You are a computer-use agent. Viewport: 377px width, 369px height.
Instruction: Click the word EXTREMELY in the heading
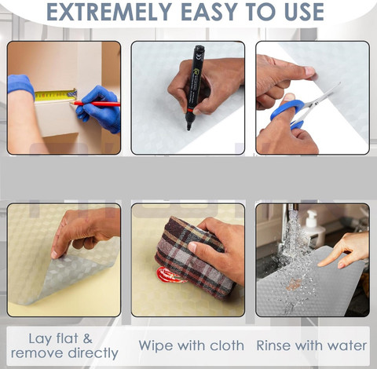[109, 12]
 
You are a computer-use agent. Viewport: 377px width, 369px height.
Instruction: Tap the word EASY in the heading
[210, 12]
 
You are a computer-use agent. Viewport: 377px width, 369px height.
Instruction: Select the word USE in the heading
[304, 12]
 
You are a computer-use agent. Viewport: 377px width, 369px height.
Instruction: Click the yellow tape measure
[56, 95]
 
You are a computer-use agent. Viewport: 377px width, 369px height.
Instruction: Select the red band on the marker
[191, 110]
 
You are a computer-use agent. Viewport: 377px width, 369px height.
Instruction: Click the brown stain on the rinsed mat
[294, 284]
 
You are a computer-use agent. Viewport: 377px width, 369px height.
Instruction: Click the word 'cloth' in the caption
[227, 345]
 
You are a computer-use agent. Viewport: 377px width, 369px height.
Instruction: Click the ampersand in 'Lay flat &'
[88, 338]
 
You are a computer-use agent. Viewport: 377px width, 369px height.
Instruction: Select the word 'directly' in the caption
[93, 353]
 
